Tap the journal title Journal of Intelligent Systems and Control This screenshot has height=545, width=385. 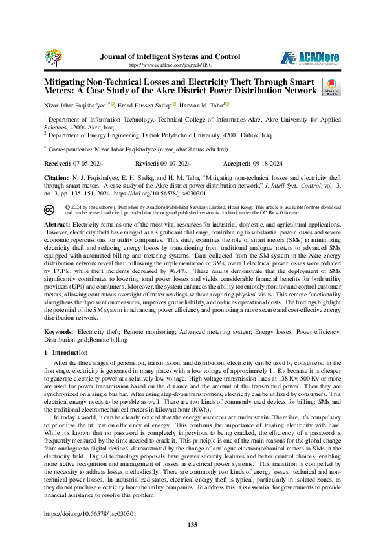(171, 56)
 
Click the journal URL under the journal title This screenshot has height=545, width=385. (171, 65)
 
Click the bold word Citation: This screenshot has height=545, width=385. (56, 176)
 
